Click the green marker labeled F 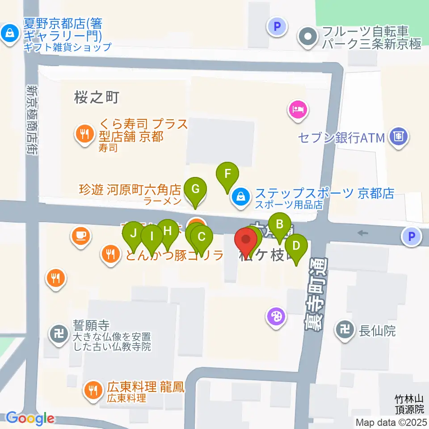[227, 173]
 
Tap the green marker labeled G [195, 189]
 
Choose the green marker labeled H [168, 231]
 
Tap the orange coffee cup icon [81, 235]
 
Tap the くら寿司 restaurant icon [84, 133]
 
